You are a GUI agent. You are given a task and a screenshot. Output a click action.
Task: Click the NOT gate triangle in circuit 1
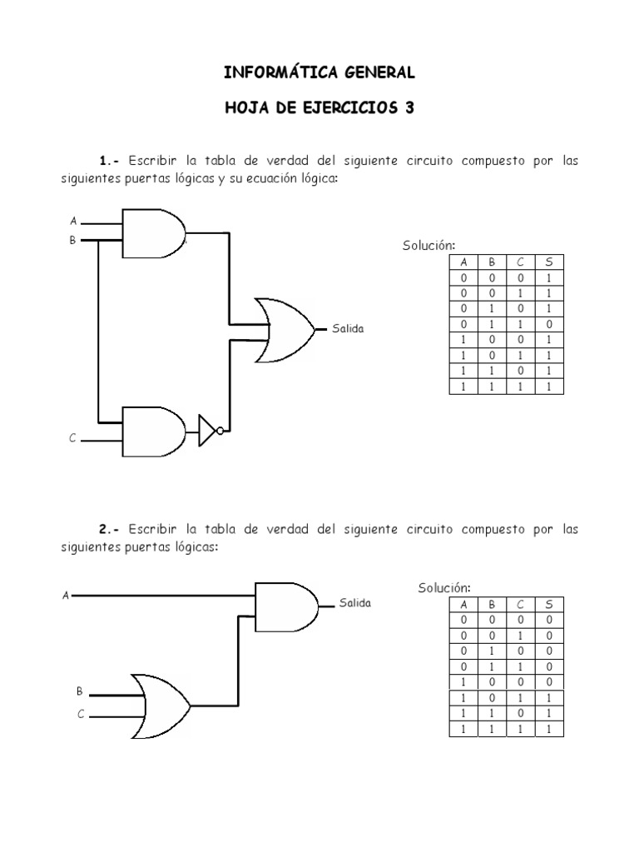tap(208, 431)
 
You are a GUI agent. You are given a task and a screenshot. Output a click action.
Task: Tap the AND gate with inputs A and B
tap(153, 233)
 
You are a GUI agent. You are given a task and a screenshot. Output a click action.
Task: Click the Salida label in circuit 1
tap(348, 330)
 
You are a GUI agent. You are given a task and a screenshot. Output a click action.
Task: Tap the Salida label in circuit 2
tap(355, 603)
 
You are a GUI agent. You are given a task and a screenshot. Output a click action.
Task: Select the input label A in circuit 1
tap(73, 222)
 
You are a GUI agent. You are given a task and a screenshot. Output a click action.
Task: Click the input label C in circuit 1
tap(73, 438)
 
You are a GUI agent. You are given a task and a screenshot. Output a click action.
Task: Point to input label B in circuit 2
tap(80, 692)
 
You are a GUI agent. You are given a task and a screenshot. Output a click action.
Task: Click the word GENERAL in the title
tap(375, 73)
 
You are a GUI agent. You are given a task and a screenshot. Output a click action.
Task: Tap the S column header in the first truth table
tap(548, 262)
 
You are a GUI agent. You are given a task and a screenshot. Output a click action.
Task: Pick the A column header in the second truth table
tap(464, 606)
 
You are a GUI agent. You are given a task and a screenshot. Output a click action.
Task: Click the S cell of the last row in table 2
tap(548, 730)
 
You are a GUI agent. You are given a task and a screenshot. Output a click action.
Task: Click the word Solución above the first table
tap(428, 245)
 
